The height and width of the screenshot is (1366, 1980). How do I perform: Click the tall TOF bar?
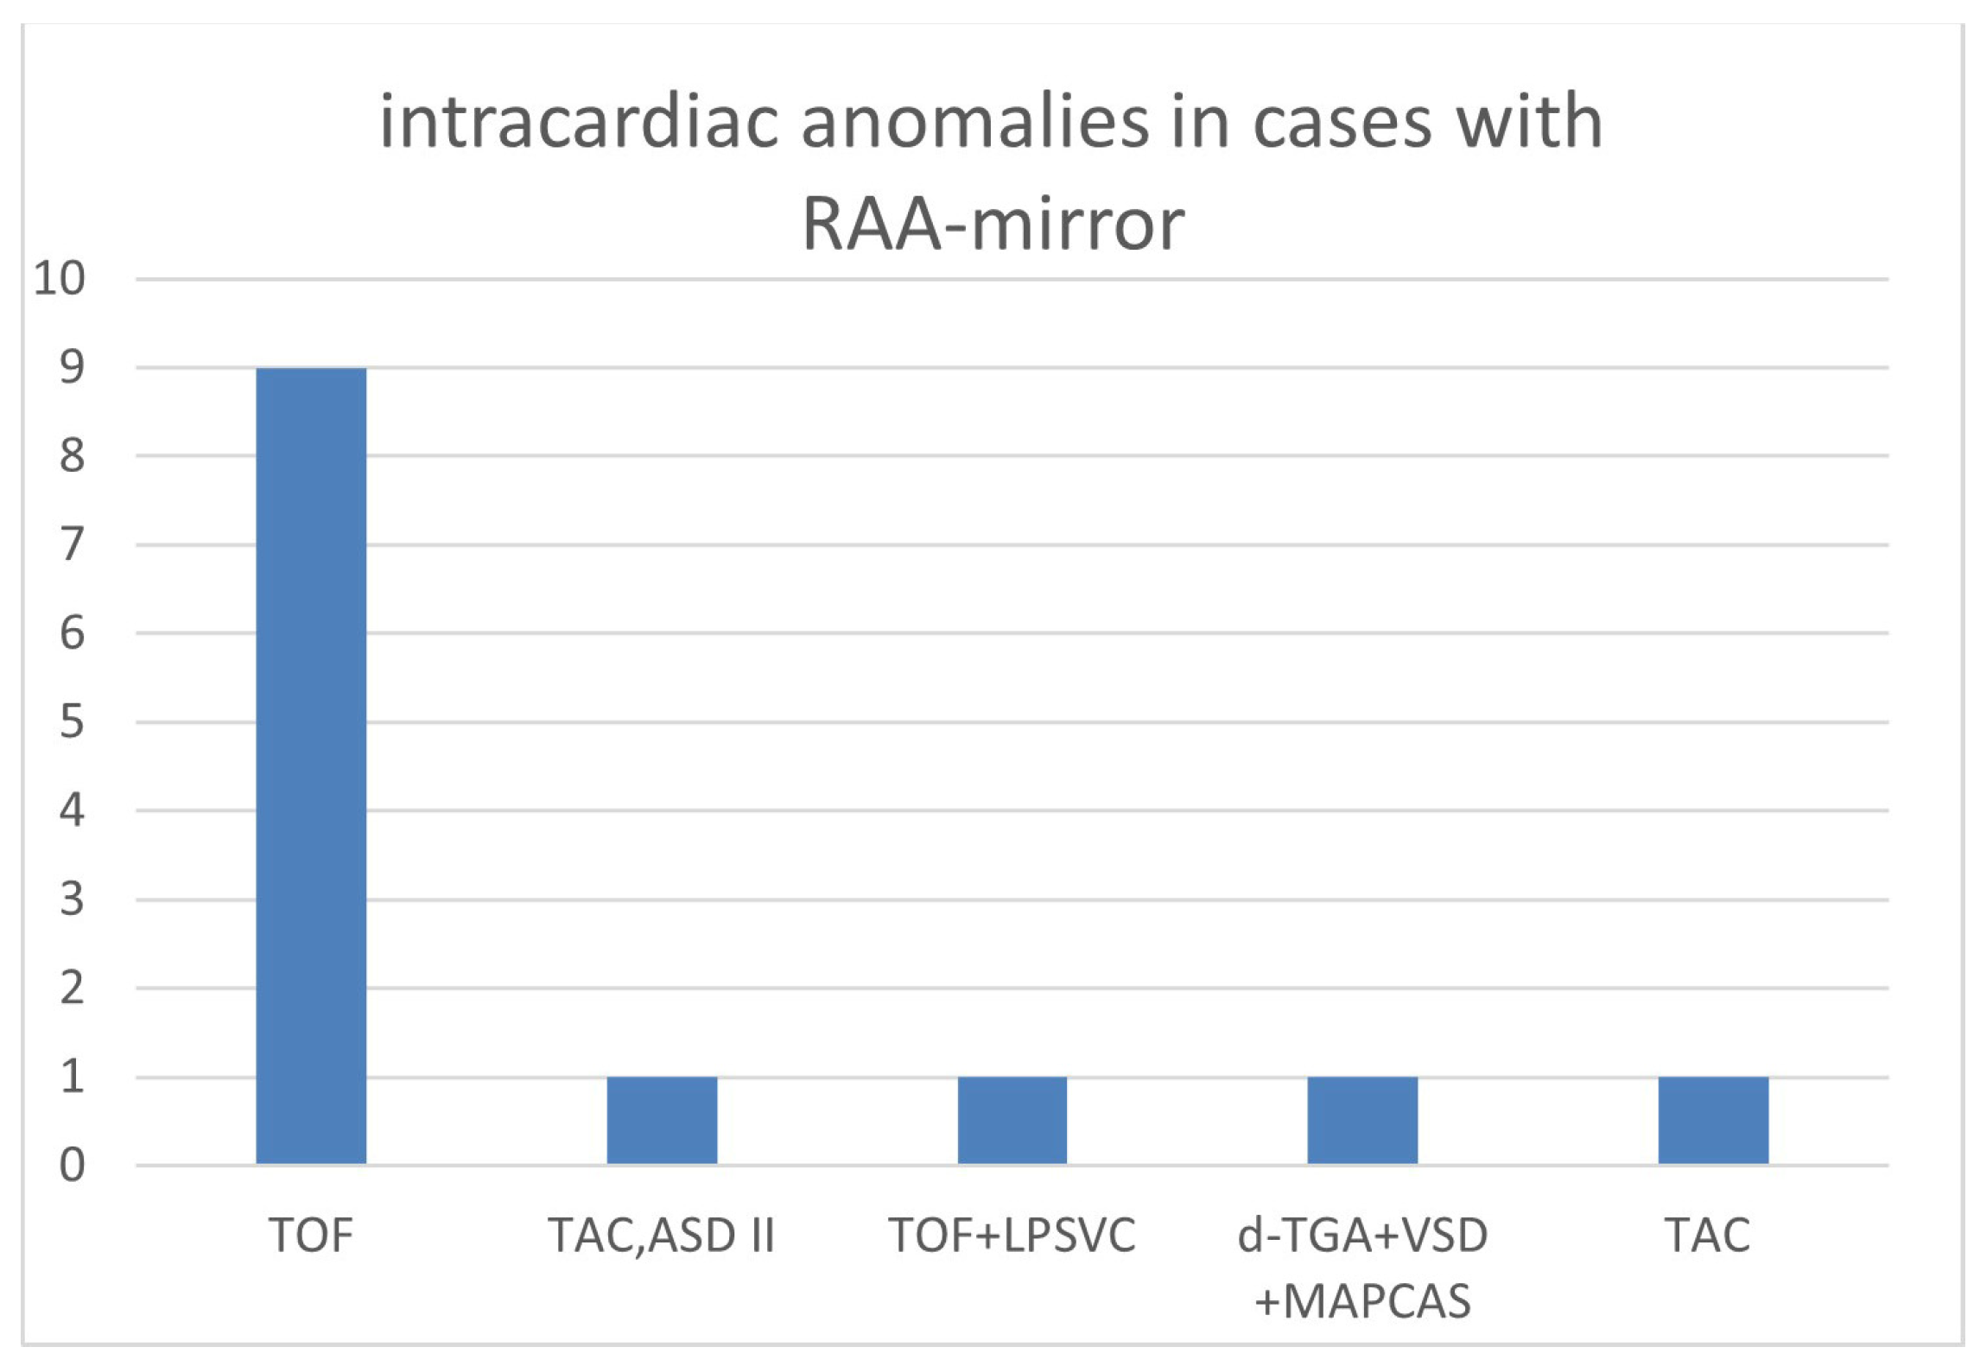[311, 766]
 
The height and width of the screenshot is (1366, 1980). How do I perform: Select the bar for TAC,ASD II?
[662, 1120]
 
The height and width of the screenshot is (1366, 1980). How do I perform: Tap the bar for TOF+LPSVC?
[1012, 1120]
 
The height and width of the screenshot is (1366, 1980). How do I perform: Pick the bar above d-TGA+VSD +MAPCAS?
[1362, 1120]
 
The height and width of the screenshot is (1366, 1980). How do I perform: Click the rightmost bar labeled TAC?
[1713, 1120]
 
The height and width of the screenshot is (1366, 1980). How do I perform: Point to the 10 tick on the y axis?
[60, 279]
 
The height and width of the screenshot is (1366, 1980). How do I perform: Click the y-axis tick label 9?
[72, 368]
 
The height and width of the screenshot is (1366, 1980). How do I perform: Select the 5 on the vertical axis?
[72, 722]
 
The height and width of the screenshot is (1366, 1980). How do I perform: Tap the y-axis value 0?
[72, 1166]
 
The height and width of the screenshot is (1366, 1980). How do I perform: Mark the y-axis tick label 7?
[72, 545]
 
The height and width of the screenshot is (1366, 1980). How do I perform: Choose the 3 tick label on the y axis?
[72, 899]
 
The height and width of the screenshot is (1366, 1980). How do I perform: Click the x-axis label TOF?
[311, 1235]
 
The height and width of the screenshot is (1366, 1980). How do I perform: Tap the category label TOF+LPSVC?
[1012, 1235]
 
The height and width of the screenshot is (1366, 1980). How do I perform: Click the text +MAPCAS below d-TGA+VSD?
[1362, 1301]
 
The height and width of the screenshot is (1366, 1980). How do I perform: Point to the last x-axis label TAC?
[1708, 1235]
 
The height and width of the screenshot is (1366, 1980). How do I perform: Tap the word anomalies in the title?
[974, 123]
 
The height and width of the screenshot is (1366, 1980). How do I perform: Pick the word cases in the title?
[1343, 123]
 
